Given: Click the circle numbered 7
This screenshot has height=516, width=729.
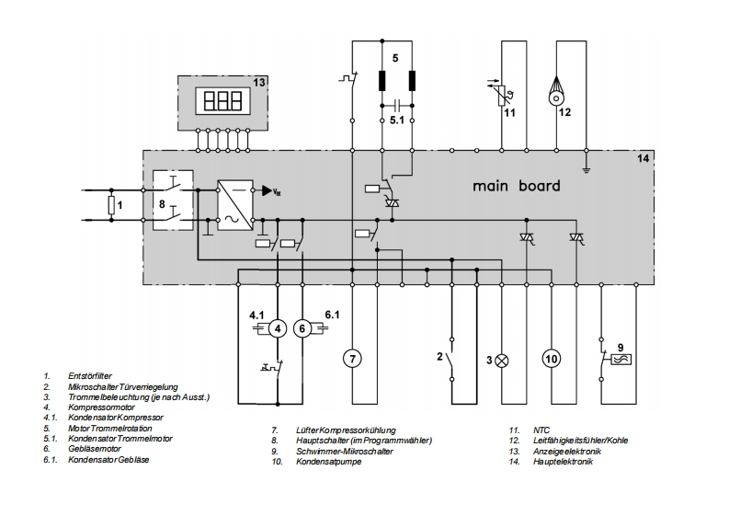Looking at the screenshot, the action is point(352,359).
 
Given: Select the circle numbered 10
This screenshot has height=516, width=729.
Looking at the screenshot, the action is point(552,359).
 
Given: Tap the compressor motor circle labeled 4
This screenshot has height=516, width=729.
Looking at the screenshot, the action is point(278,329).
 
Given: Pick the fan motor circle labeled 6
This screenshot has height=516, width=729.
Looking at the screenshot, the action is point(302,329).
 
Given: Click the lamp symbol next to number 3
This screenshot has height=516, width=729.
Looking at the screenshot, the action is point(502,361).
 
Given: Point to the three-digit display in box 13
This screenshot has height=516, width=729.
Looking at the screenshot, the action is point(223,100).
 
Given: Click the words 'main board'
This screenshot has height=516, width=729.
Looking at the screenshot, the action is point(516,186).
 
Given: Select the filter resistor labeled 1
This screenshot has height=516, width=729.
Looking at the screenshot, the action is point(111,205).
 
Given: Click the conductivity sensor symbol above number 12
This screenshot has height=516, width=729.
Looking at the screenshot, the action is point(556,91).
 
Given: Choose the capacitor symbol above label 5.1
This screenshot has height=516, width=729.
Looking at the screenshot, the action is point(396,104).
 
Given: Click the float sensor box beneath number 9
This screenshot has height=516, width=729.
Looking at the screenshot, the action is point(621,360).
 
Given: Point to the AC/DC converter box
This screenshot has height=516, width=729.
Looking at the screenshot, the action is point(235,205).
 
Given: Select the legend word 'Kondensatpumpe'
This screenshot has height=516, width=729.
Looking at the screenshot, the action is point(329,462).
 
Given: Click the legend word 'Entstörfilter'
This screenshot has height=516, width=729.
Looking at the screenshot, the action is point(90,376).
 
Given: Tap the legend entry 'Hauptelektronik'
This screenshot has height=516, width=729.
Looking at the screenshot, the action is point(563,462).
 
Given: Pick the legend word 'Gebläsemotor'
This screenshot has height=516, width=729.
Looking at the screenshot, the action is point(95,449).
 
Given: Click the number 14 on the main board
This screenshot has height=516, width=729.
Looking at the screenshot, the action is point(643,158).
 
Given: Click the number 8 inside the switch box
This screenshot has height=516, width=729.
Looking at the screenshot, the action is point(162,204).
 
